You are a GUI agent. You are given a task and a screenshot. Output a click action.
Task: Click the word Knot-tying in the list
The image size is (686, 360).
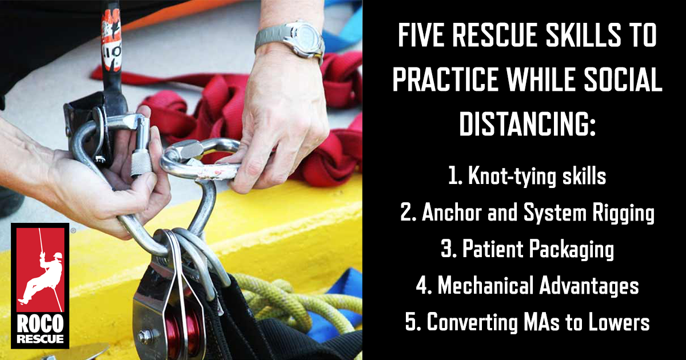512,176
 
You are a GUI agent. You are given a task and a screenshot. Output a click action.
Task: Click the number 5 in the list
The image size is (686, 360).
410,322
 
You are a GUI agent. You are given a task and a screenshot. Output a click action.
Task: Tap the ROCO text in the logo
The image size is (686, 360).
40,324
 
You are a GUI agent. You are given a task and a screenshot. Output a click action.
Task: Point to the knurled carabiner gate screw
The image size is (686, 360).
141,163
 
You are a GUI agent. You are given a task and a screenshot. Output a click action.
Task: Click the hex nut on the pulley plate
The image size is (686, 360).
145,337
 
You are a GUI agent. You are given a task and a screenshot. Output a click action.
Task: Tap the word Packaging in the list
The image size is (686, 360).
572,249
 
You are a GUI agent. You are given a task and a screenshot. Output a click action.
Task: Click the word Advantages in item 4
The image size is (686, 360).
589,286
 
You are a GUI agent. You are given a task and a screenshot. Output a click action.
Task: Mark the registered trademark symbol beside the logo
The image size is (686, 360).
73,230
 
